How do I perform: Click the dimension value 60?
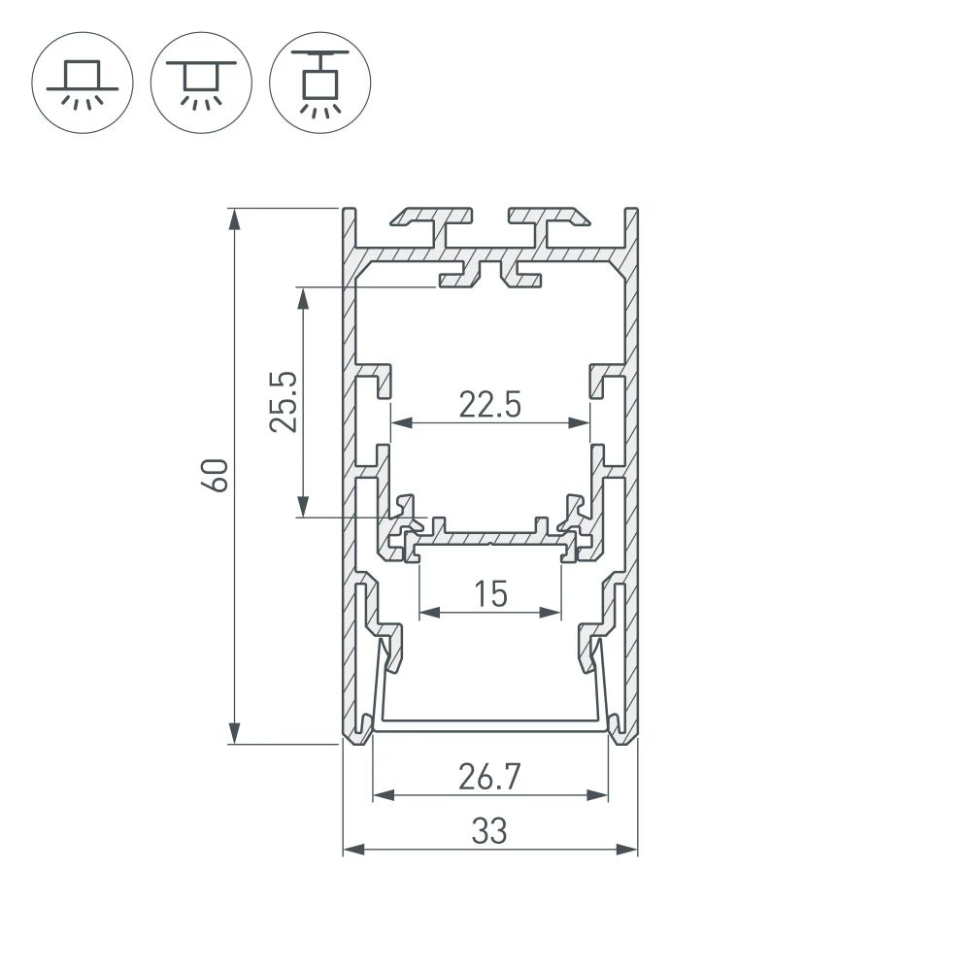(x=218, y=475)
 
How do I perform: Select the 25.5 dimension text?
(x=285, y=401)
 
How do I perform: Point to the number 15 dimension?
(x=490, y=593)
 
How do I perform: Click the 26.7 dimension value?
(x=490, y=777)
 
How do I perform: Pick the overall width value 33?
(x=490, y=831)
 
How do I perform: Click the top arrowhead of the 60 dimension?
(x=234, y=218)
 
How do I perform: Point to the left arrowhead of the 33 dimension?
(x=352, y=850)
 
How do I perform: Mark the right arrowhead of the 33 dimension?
(x=628, y=850)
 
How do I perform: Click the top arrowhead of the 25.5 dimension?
(x=304, y=298)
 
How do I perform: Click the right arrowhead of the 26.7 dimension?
(x=599, y=796)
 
